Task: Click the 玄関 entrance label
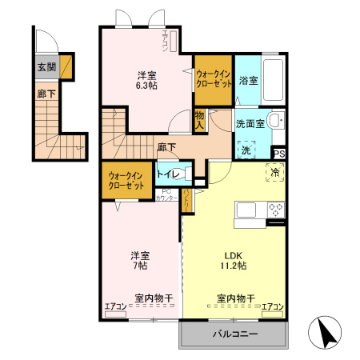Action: [45, 67]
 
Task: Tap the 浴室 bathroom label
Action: [248, 80]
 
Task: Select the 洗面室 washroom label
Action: [250, 124]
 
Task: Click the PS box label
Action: [279, 154]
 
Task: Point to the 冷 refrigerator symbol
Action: [274, 172]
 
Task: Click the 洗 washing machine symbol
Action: [246, 150]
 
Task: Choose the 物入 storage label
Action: [200, 121]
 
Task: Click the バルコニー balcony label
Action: [234, 334]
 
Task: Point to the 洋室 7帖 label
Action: [140, 260]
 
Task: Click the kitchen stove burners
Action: [274, 210]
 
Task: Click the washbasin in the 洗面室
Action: [274, 122]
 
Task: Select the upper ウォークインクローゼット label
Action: [214, 79]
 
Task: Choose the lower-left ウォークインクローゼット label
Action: [126, 181]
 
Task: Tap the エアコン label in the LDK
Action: [272, 306]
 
